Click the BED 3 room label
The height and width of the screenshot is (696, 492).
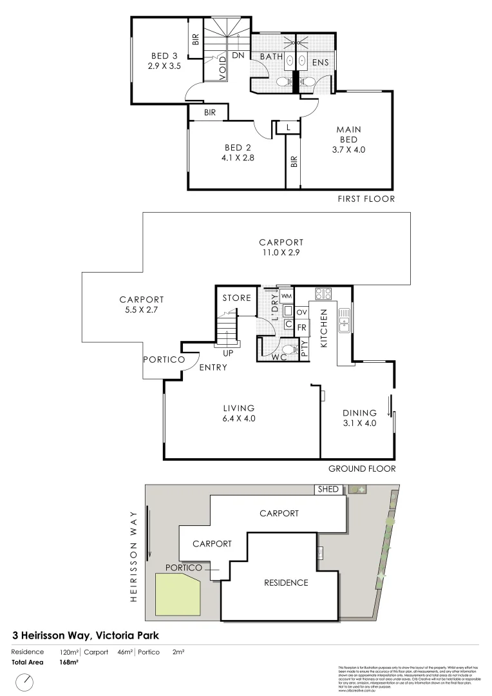(x=164, y=55)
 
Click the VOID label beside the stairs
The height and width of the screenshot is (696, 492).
(x=222, y=68)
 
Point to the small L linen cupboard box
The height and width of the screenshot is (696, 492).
(x=288, y=128)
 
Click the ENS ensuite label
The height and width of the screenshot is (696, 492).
(x=321, y=62)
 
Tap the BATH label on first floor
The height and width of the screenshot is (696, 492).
(x=271, y=57)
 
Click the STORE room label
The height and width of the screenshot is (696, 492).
(x=236, y=298)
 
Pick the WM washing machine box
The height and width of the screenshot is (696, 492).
(x=287, y=296)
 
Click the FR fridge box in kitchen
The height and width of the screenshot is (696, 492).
(x=302, y=327)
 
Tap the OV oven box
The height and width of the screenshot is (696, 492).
(x=301, y=313)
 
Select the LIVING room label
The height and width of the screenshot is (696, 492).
(x=239, y=408)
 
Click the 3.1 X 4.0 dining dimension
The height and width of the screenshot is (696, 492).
(x=359, y=423)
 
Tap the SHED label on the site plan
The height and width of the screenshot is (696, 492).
(x=328, y=490)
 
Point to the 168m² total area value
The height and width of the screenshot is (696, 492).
(x=68, y=662)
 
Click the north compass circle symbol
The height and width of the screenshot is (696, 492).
(x=25, y=681)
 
